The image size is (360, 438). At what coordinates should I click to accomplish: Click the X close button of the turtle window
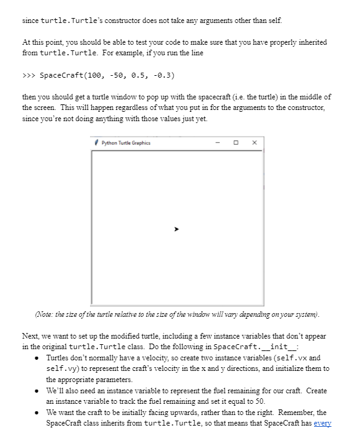[255, 143]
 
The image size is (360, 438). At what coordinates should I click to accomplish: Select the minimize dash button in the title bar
[218, 143]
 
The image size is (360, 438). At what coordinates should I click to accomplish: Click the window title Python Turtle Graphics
[126, 143]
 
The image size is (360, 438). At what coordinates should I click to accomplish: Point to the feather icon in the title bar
[97, 143]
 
